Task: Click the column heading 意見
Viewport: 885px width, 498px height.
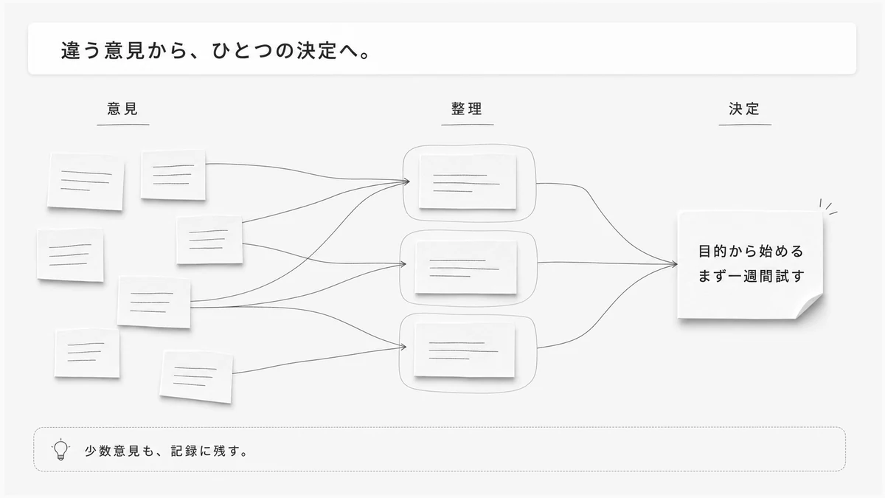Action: (122, 108)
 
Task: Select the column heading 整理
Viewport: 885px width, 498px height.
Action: (467, 108)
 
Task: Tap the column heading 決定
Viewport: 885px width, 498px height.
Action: (744, 108)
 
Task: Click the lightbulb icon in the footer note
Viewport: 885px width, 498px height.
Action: (60, 449)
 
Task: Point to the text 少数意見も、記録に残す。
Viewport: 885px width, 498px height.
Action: (166, 451)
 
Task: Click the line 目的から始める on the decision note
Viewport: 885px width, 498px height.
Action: (751, 252)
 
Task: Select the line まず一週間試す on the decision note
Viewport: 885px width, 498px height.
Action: (751, 276)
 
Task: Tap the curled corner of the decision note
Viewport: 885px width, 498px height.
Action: (810, 306)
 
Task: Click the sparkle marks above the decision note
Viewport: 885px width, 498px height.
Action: (828, 207)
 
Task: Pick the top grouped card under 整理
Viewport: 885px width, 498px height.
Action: (468, 181)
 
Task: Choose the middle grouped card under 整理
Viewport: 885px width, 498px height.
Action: (466, 267)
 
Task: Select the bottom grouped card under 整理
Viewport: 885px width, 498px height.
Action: (465, 350)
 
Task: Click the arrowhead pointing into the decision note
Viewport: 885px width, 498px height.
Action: (673, 264)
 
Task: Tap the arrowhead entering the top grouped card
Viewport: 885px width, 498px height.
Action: (406, 181)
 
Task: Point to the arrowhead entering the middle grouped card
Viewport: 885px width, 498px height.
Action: (403, 264)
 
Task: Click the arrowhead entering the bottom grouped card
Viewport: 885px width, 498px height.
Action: (403, 347)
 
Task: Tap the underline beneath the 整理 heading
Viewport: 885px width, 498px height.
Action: (468, 125)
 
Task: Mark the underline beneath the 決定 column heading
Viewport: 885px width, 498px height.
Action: (745, 125)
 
